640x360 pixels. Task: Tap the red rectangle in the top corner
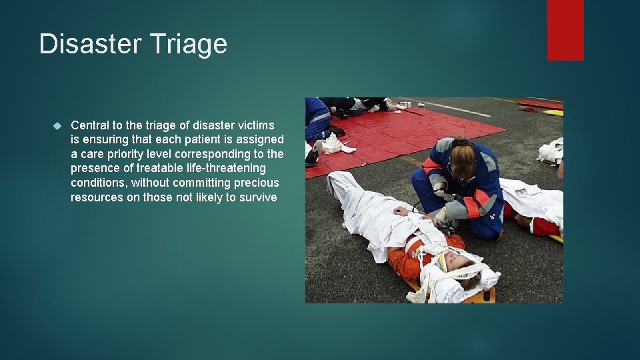pyautogui.click(x=565, y=30)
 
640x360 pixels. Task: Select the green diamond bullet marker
pyautogui.click(x=57, y=125)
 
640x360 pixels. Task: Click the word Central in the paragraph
pyautogui.click(x=90, y=125)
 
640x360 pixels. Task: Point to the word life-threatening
pyautogui.click(x=224, y=168)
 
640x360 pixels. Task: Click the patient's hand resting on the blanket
pyautogui.click(x=401, y=211)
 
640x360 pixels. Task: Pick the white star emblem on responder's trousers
pyautogui.click(x=492, y=217)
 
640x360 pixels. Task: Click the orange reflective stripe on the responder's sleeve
pyautogui.click(x=472, y=207)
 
